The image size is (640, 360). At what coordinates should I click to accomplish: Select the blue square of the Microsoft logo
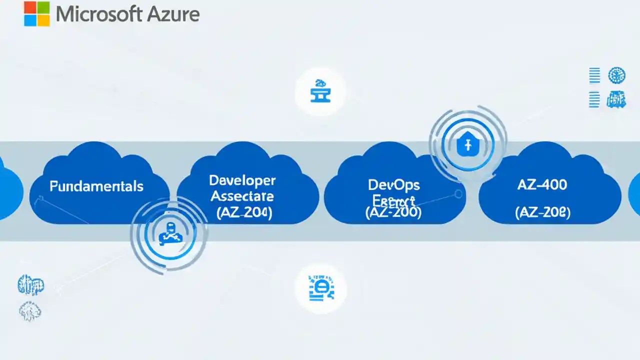(30, 19)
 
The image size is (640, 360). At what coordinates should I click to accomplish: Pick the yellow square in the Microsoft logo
(43, 19)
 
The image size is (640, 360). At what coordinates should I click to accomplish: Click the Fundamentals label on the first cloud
(96, 186)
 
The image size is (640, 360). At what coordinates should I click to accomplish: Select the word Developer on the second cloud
(242, 180)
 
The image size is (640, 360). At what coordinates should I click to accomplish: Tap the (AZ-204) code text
(244, 212)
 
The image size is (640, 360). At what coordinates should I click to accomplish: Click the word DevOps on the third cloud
(394, 184)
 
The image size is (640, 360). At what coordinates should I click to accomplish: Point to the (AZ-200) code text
(393, 212)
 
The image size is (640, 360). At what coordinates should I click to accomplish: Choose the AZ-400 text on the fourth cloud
(542, 184)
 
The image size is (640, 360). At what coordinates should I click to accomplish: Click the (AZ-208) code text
(542, 212)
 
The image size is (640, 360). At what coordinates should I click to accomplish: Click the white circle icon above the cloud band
(320, 92)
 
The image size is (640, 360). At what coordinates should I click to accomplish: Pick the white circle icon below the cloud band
(320, 289)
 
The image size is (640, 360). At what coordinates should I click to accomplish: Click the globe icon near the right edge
(616, 76)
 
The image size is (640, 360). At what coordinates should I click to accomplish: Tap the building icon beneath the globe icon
(616, 99)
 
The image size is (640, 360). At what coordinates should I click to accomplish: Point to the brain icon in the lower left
(30, 312)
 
